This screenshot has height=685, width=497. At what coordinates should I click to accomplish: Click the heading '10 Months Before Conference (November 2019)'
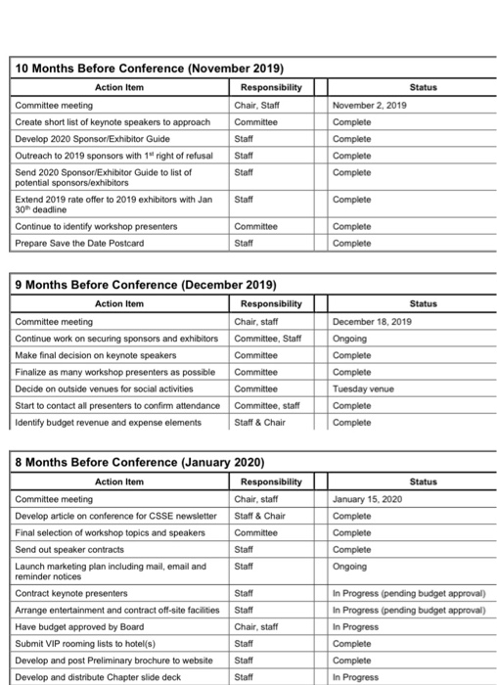(148, 68)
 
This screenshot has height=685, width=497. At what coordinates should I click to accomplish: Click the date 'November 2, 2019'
(369, 105)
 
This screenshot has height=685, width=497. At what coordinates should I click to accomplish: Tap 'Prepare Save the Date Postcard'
(80, 244)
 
